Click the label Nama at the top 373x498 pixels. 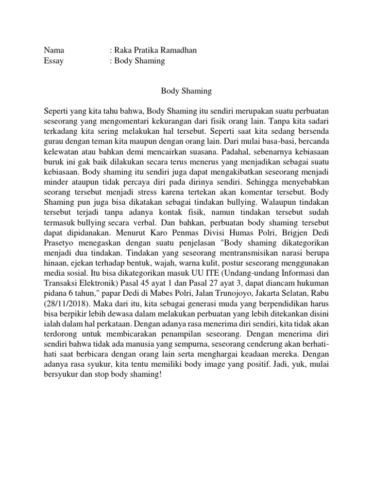coord(54,51)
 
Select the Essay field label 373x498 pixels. coord(53,61)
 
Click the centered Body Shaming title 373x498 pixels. coord(186,90)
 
